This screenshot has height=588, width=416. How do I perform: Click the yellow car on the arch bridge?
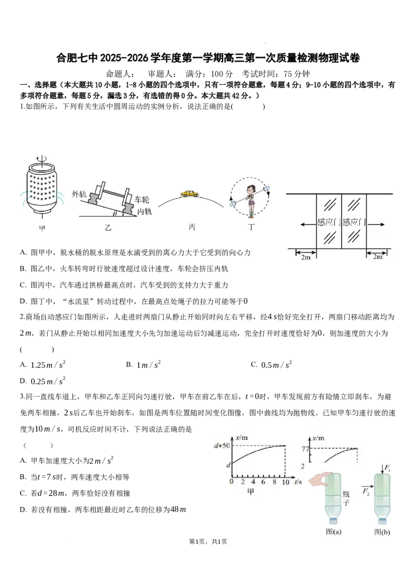click(190, 193)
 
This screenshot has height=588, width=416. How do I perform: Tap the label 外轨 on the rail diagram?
click(79, 194)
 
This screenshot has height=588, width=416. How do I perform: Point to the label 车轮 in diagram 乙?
click(142, 199)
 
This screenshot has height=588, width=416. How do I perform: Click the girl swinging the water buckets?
click(251, 201)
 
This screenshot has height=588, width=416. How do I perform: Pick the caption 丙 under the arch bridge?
click(192, 227)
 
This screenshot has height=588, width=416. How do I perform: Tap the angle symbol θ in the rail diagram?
click(115, 213)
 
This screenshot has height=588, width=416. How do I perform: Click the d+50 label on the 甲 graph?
click(222, 446)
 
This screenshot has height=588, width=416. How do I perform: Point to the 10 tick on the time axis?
click(285, 482)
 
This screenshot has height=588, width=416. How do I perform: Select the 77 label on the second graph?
click(305, 449)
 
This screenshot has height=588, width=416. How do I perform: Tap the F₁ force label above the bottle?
click(387, 468)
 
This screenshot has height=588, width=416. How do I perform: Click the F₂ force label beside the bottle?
click(366, 491)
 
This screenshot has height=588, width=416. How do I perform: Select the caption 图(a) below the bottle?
click(333, 531)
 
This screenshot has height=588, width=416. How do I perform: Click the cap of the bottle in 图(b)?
click(382, 520)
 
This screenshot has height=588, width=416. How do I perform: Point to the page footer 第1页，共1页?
click(208, 541)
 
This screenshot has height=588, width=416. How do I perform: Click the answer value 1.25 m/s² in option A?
click(48, 365)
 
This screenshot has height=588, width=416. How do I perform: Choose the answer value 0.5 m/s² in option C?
click(277, 365)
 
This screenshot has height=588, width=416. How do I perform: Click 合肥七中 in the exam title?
click(77, 58)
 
